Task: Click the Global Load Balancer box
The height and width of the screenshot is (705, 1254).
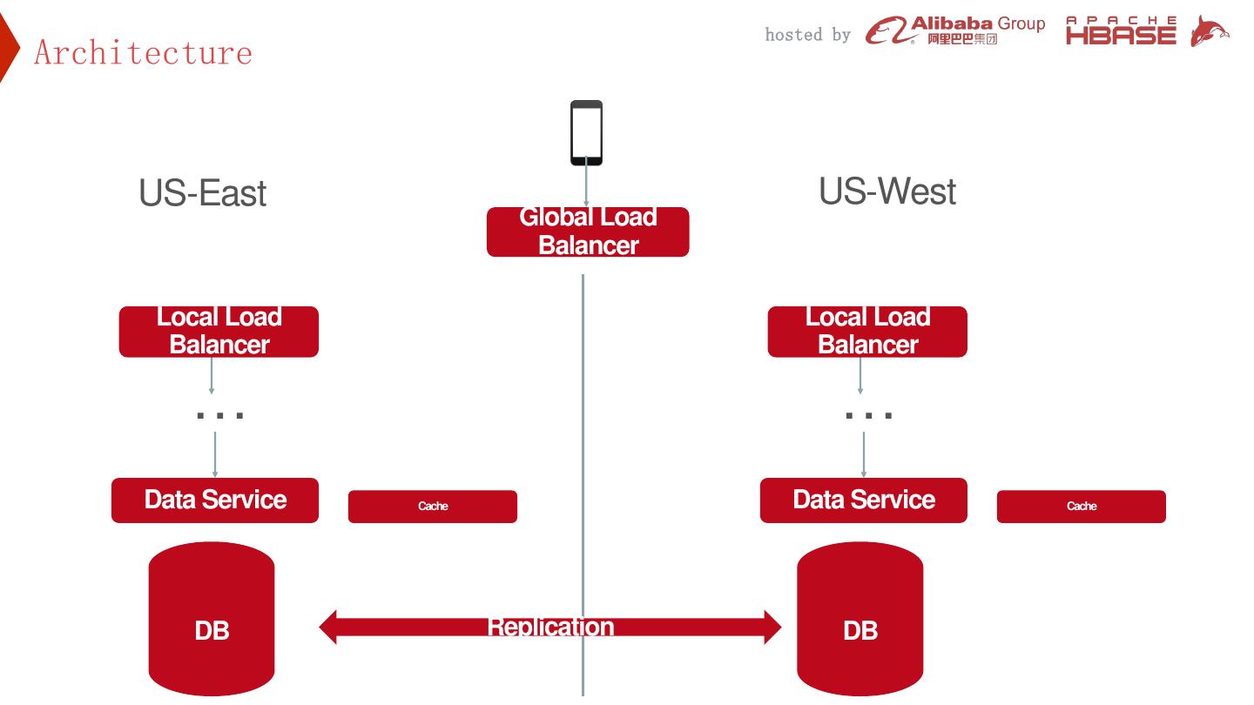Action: (588, 232)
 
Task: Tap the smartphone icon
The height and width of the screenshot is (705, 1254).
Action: (586, 132)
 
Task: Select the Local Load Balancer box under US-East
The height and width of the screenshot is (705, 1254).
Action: (219, 332)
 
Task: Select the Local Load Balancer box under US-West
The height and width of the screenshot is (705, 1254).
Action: (867, 332)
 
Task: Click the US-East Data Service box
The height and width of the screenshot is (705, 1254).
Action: (215, 500)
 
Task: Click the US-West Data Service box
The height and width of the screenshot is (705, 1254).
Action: (864, 500)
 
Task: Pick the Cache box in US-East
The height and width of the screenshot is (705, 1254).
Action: (433, 507)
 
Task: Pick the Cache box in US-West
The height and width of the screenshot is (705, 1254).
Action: (1082, 507)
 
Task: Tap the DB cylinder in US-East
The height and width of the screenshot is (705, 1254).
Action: (212, 619)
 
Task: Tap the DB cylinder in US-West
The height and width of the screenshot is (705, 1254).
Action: (860, 619)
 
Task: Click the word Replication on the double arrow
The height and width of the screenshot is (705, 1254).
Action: (550, 627)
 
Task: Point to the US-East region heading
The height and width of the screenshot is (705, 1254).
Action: (202, 193)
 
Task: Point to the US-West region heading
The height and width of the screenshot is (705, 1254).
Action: (887, 191)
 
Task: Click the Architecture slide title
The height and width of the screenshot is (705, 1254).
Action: (143, 52)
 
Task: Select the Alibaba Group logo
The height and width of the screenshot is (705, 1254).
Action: (955, 30)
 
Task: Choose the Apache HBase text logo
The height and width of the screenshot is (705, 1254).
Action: (1121, 30)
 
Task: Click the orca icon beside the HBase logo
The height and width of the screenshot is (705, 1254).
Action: (1210, 30)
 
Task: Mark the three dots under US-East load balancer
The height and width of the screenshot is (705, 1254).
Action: (220, 415)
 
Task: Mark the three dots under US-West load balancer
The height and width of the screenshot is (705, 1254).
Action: (869, 415)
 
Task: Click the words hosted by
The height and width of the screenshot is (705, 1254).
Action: (808, 35)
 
